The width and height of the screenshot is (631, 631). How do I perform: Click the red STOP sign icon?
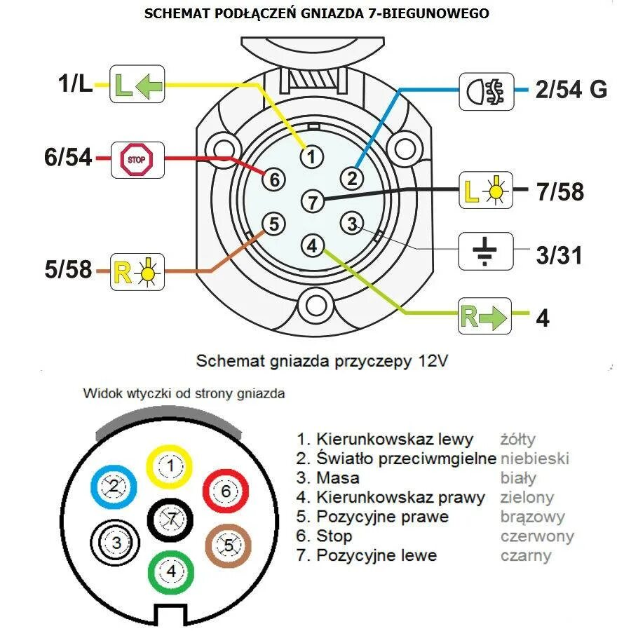click(137, 159)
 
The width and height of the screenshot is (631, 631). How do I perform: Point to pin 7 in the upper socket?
click(313, 203)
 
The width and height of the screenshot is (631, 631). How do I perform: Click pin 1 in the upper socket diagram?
click(313, 155)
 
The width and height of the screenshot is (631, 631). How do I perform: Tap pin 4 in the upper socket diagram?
click(313, 246)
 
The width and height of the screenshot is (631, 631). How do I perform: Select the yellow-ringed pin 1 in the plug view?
click(169, 466)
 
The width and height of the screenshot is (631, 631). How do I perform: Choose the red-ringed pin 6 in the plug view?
click(226, 491)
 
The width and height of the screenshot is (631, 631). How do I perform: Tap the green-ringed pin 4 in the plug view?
click(171, 571)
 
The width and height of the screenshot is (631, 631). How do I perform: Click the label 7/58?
click(559, 192)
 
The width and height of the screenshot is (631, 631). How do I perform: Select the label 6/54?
click(68, 158)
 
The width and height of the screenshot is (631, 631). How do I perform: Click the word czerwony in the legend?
click(537, 536)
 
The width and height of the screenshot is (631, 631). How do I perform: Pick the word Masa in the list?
click(338, 478)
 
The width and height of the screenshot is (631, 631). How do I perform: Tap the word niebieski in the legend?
click(534, 459)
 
